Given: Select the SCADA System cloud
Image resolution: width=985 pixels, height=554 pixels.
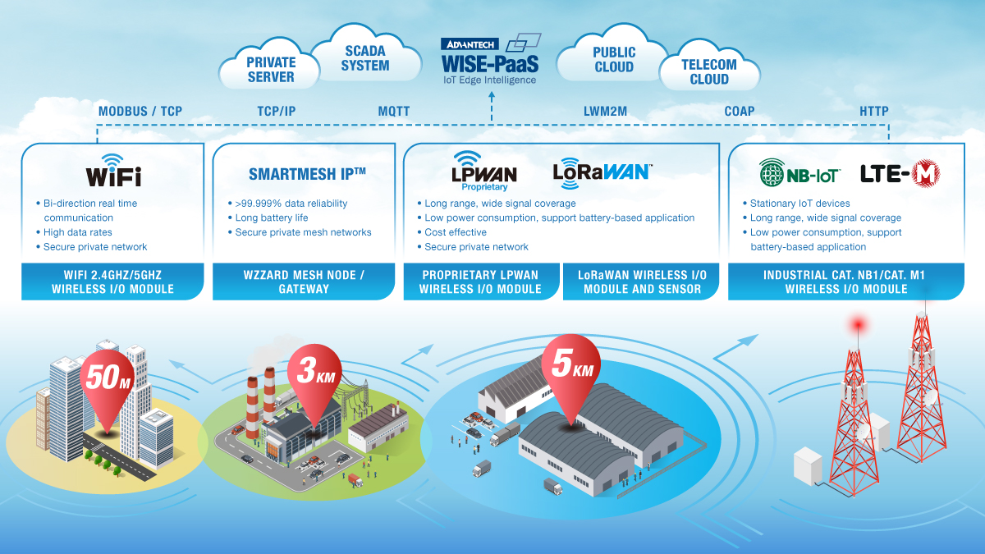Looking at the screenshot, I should (365, 58).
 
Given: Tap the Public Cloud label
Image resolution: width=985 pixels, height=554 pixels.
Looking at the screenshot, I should (614, 60).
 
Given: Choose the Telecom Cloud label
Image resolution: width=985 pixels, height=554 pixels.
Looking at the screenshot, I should (709, 72).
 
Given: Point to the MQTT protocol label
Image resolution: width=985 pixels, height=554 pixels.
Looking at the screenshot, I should (394, 112).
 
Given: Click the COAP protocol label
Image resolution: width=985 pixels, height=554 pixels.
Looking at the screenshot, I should (740, 112).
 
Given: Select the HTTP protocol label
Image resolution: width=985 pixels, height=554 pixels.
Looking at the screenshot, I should (873, 112).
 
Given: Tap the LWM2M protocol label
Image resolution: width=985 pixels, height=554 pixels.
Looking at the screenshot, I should (605, 112).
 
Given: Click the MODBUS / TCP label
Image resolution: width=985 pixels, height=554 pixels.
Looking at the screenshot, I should (140, 112).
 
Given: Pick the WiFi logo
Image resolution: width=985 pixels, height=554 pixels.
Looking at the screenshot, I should (113, 170).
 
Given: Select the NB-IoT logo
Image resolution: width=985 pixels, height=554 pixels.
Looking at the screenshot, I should (795, 173).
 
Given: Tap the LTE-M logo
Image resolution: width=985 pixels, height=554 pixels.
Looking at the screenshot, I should (900, 173).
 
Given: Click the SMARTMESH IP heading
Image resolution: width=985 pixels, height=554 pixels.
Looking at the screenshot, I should (307, 174).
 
